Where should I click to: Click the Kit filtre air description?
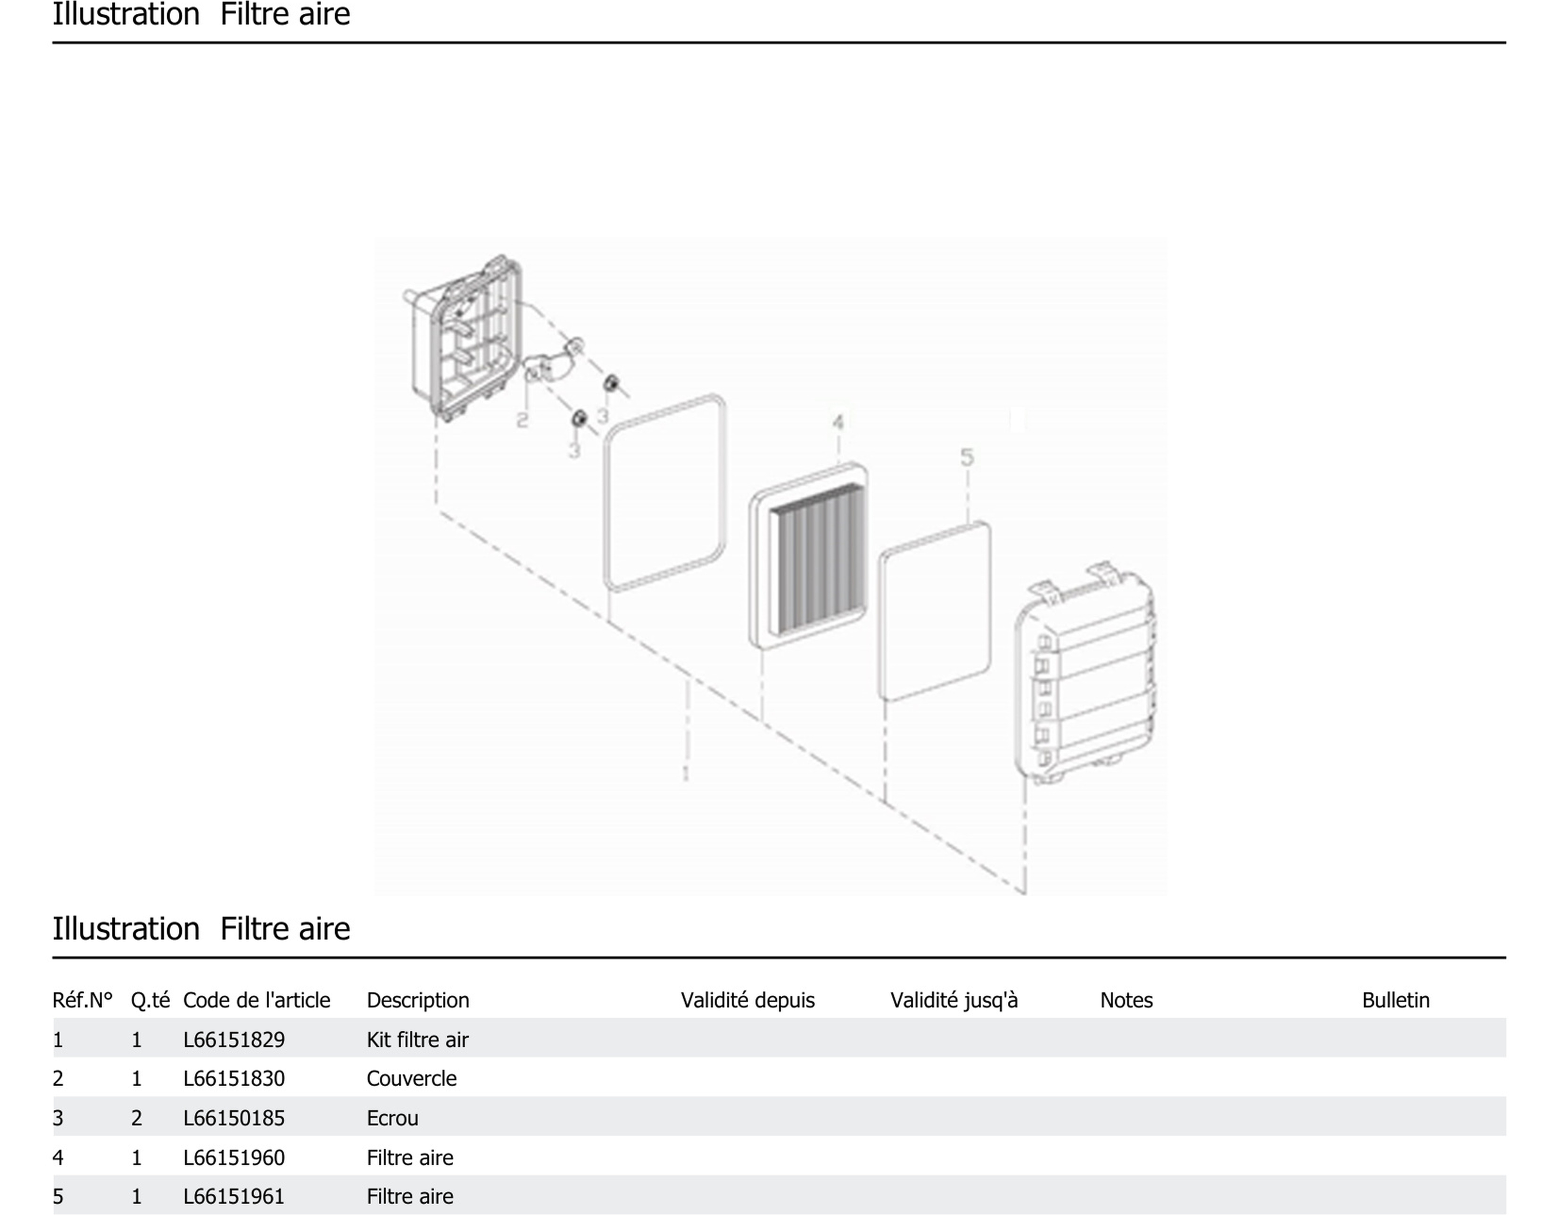click(x=418, y=1040)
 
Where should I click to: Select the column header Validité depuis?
click(x=747, y=1000)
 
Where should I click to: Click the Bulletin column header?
click(x=1395, y=1000)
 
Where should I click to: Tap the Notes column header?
click(x=1126, y=1000)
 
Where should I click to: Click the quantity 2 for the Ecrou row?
click(x=136, y=1117)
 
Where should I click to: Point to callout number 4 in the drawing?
click(x=838, y=423)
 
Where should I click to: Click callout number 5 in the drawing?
click(x=967, y=457)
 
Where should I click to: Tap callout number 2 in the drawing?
click(x=522, y=420)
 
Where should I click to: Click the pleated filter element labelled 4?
click(x=808, y=556)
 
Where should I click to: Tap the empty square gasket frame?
click(x=664, y=492)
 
